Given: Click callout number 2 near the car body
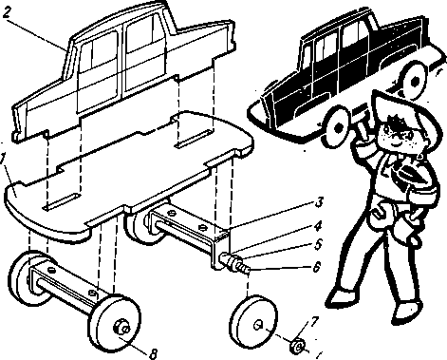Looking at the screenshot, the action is click(x=6, y=12).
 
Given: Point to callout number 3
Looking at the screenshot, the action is click(x=319, y=202).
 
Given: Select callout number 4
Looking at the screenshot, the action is click(x=318, y=226).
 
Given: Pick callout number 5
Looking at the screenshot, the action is click(x=317, y=244).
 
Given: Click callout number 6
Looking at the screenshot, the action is click(x=317, y=266).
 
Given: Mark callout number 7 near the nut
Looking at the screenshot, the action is click(x=313, y=322).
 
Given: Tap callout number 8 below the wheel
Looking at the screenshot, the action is click(x=153, y=353).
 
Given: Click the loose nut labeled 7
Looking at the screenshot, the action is click(x=296, y=346).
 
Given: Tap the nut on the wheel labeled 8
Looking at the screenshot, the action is click(x=121, y=328).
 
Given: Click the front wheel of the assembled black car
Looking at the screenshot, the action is click(x=338, y=128).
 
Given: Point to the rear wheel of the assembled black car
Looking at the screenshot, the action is click(x=413, y=80).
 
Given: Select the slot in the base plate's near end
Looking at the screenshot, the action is click(x=61, y=202).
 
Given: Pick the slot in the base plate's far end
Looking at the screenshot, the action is click(x=194, y=138).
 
